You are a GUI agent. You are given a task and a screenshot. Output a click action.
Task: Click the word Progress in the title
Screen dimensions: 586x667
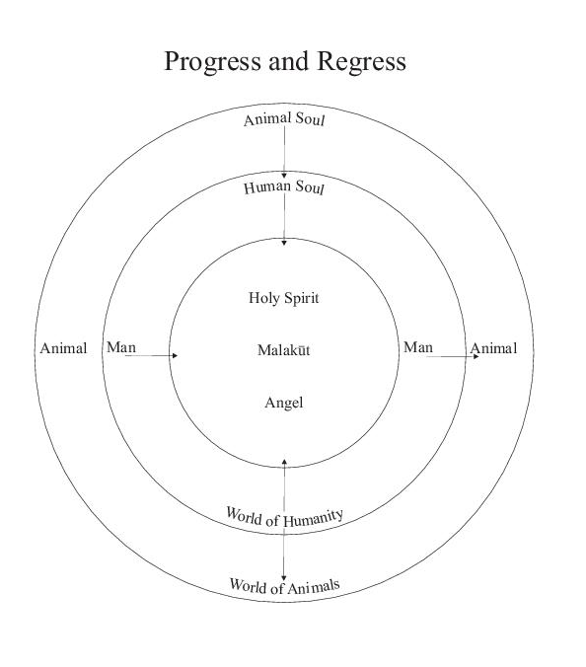click(212, 62)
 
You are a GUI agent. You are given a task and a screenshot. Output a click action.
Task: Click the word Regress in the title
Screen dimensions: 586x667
click(361, 62)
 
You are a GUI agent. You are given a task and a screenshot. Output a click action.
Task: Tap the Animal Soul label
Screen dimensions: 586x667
click(284, 119)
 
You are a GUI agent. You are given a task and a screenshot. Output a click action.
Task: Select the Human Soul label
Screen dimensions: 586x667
click(284, 187)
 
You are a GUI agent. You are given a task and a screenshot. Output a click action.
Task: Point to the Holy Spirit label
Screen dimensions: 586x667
click(284, 298)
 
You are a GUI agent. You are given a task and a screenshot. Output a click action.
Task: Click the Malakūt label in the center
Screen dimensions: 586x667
click(284, 350)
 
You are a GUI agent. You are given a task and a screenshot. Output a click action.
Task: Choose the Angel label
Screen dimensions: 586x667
click(284, 403)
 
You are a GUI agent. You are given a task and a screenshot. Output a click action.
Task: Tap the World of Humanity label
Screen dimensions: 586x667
click(284, 517)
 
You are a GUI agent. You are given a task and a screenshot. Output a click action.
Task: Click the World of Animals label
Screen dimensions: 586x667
click(284, 586)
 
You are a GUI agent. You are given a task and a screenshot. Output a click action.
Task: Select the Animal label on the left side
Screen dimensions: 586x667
click(63, 348)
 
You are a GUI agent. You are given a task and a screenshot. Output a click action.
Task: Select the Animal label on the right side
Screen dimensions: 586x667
click(493, 348)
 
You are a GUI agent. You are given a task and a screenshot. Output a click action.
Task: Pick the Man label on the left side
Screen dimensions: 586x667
click(121, 347)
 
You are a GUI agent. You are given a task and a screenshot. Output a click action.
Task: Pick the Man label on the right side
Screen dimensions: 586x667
click(418, 347)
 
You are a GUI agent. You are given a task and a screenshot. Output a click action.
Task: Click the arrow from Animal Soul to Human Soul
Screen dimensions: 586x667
click(284, 152)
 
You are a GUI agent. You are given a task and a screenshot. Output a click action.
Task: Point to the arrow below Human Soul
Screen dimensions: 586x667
click(284, 219)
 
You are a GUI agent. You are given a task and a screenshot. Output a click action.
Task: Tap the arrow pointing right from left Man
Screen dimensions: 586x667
click(151, 355)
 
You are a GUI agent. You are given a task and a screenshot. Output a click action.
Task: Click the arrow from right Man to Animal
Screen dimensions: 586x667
click(453, 356)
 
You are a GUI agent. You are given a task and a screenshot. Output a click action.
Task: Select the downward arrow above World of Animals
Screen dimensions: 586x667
click(284, 555)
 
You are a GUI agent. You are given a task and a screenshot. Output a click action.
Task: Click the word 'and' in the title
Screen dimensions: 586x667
click(289, 61)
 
